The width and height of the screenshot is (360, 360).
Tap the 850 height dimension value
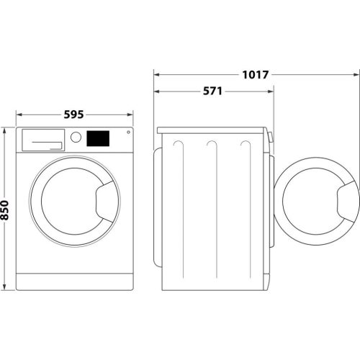(x=6, y=210)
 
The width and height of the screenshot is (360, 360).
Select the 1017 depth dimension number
(x=256, y=74)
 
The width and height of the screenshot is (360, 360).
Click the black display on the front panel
(x=98, y=138)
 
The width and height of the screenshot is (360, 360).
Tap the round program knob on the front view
(x=75, y=137)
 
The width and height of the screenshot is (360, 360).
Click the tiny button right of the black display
(x=128, y=132)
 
